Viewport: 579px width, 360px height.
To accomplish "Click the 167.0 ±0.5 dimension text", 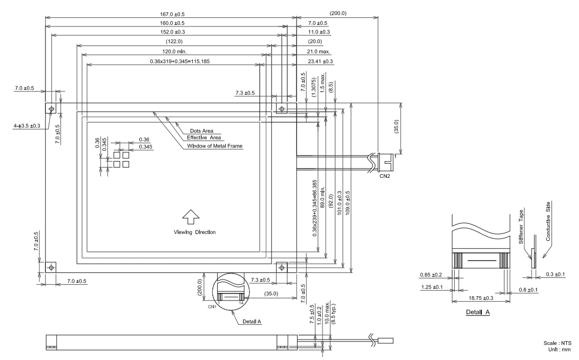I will click(169, 14).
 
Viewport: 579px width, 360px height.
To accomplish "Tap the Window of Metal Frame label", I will click(215, 146).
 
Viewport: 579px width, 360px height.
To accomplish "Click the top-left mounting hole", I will click(51, 109).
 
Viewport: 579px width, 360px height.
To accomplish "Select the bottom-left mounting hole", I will click(51, 267).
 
